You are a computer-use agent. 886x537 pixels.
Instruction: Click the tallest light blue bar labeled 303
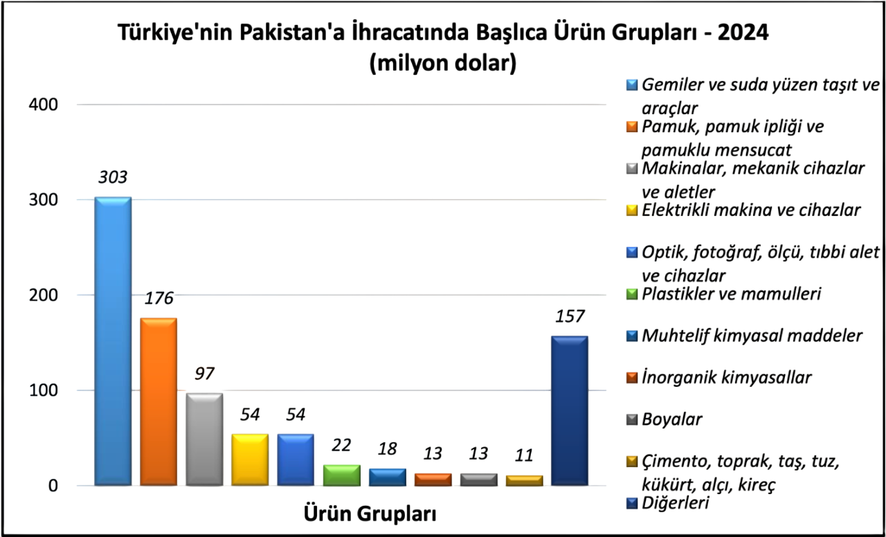click(x=113, y=340)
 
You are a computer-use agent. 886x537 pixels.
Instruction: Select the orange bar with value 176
click(x=159, y=401)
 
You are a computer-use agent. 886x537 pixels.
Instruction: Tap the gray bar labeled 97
click(x=204, y=439)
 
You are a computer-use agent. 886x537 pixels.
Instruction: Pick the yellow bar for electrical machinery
click(x=250, y=459)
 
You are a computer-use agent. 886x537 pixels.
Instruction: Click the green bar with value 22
click(x=342, y=475)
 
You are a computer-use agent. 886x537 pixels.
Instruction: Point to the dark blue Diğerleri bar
click(x=570, y=410)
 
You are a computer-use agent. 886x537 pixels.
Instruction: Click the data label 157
click(x=570, y=317)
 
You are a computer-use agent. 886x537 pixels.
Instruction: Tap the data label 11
click(x=524, y=456)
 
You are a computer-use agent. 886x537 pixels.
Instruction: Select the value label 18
click(x=387, y=448)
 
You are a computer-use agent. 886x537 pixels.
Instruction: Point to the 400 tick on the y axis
click(x=43, y=104)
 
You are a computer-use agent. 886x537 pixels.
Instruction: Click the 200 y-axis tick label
click(x=43, y=295)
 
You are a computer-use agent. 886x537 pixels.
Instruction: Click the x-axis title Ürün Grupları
click(x=370, y=514)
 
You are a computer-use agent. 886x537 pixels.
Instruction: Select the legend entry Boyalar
click(x=672, y=419)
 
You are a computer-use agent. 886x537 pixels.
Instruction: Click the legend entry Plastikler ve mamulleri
click(x=732, y=294)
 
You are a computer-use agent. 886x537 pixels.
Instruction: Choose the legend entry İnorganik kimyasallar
click(x=727, y=378)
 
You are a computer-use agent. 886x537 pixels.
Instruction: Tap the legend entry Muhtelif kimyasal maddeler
click(x=752, y=336)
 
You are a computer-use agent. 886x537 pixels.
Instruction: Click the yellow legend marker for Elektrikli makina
click(x=631, y=210)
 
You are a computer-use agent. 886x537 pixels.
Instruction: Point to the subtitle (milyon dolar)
click(x=443, y=64)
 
